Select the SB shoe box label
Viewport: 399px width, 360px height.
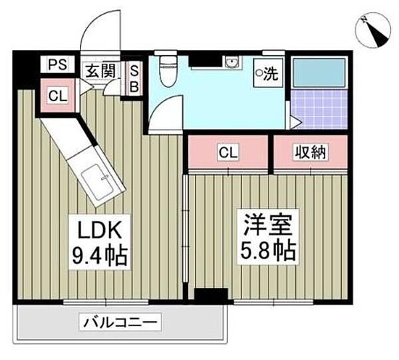coord(134,77)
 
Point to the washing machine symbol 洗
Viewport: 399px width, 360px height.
coord(268,73)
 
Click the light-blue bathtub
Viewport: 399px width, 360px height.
coord(320,73)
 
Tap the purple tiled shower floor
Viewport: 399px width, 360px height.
coord(321,110)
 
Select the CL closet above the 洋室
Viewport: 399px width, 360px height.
coord(228,152)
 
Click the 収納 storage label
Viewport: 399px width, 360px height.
coord(310,152)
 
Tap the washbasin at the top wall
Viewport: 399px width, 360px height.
coord(232,64)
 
